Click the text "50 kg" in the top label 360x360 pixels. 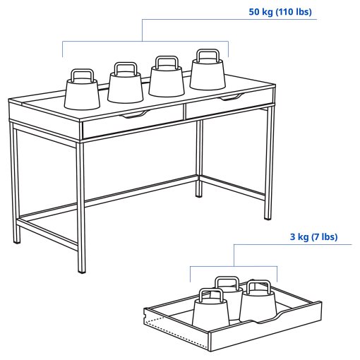[262, 13]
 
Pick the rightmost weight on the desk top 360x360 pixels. [207, 74]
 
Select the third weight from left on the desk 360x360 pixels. [167, 80]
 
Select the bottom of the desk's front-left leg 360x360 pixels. [80, 269]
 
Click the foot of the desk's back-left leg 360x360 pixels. [17, 239]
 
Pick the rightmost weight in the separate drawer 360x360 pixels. [257, 304]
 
